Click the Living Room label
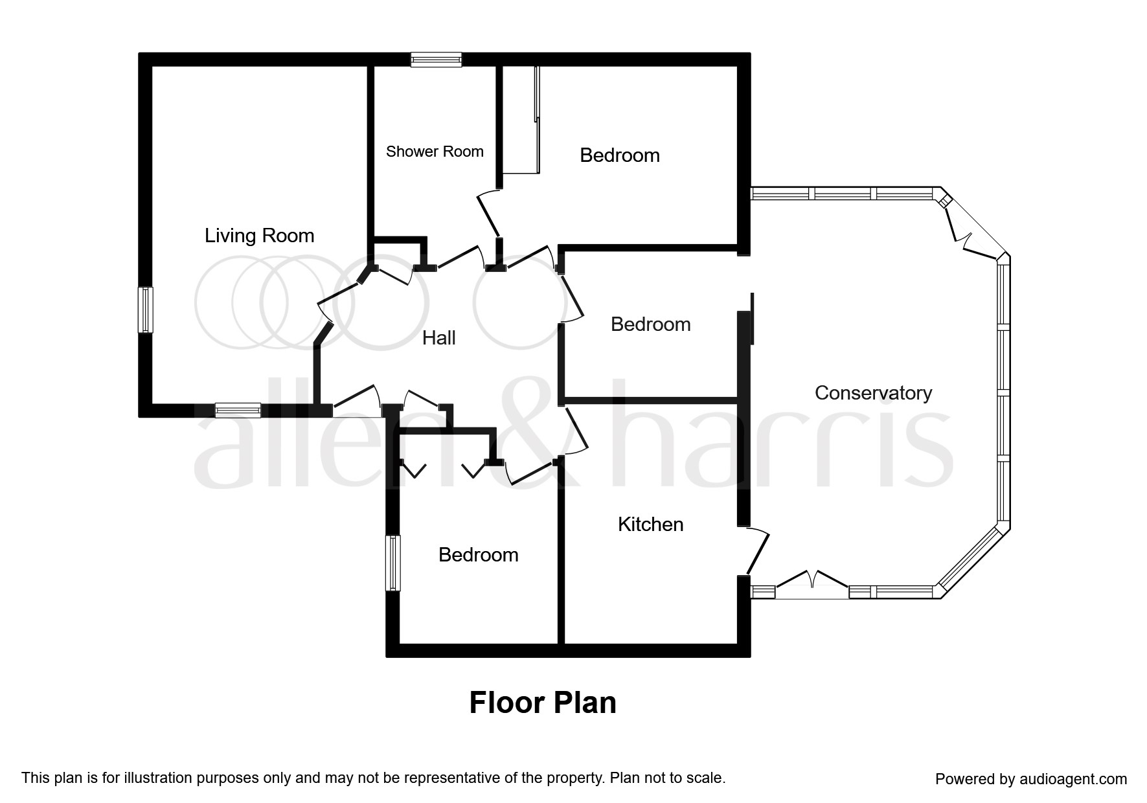coord(259,236)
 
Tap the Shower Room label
coord(435,152)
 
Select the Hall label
coord(438,337)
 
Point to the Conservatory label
coord(873,392)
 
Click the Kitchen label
coord(650,524)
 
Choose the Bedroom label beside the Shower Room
coord(619,155)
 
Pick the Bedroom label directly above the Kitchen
coord(650,324)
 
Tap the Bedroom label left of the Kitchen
coord(478,554)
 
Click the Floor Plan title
coord(542,703)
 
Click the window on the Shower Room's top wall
coord(436,60)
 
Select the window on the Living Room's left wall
coord(146,310)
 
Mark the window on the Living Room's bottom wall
coord(238,410)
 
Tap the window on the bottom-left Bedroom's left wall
coord(392,563)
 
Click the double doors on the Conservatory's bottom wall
coord(812,583)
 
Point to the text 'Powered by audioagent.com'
coord(1031,778)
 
